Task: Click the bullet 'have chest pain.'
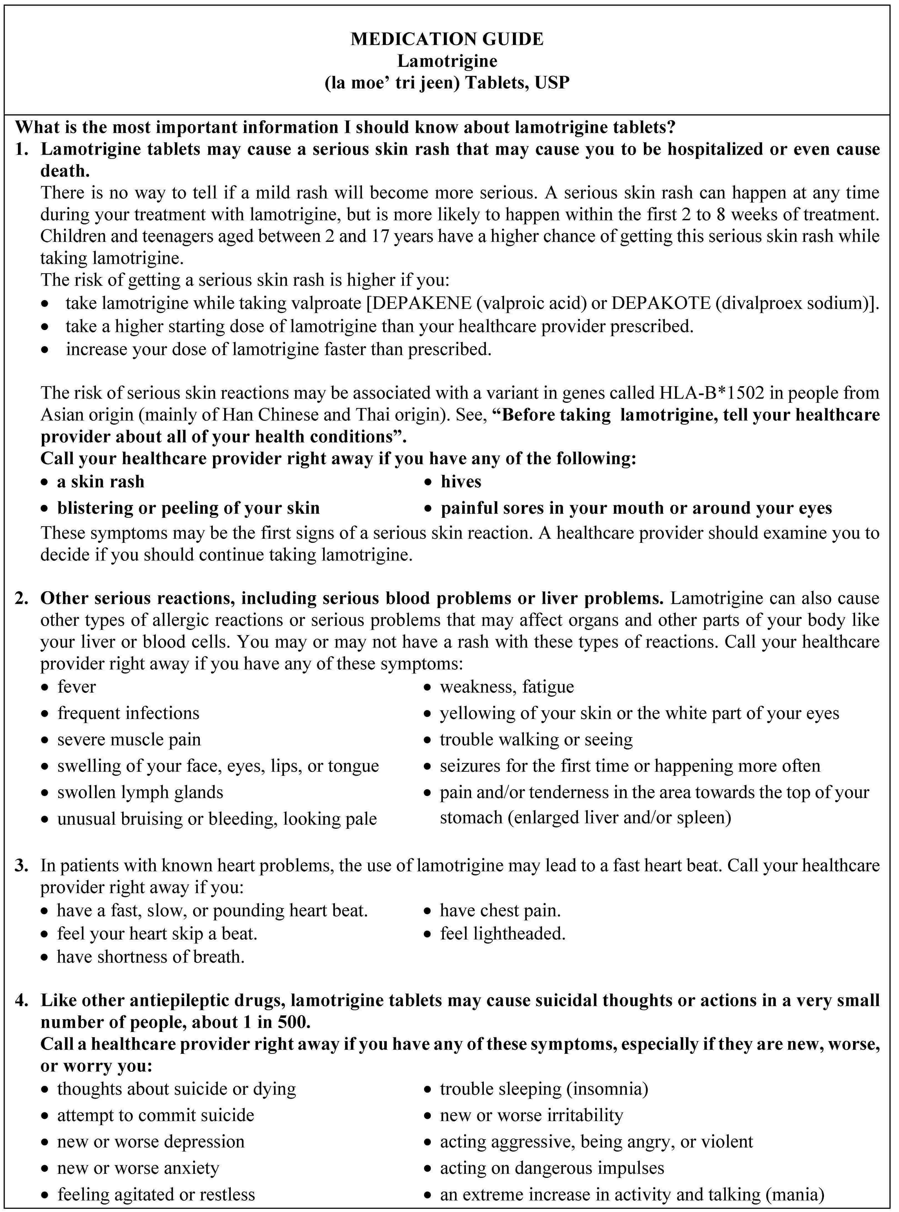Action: tap(500, 910)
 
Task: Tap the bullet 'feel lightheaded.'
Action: tap(502, 934)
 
